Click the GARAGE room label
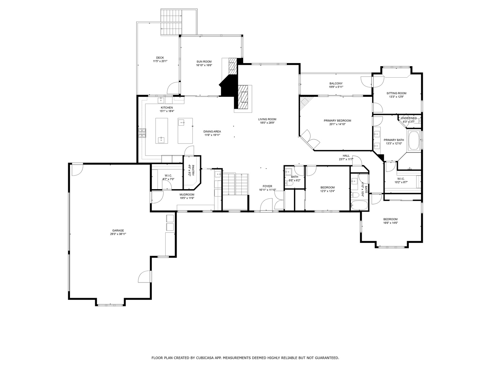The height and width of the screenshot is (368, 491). click(118, 230)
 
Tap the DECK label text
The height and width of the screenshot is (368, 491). click(160, 58)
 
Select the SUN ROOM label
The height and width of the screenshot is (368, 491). click(204, 62)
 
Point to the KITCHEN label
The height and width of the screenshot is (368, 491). click(167, 108)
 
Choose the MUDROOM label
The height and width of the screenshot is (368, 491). click(187, 195)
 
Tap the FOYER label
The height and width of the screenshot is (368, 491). click(267, 186)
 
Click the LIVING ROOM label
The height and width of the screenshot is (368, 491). click(267, 119)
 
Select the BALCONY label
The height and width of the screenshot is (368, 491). click(336, 83)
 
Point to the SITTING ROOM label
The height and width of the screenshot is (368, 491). click(396, 93)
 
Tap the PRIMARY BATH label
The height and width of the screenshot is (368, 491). click(393, 140)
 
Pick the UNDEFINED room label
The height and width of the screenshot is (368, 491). click(408, 118)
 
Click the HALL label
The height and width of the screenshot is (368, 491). click(346, 156)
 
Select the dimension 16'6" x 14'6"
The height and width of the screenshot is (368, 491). click(390, 223)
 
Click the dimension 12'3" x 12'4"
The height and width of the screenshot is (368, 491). click(327, 191)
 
